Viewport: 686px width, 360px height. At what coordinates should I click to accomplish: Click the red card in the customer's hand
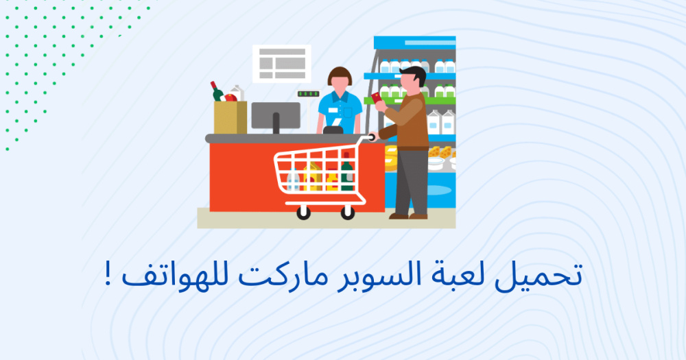click(x=376, y=97)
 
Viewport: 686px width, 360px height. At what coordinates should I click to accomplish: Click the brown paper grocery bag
click(x=230, y=118)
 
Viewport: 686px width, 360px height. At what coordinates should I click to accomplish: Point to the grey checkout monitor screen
click(x=276, y=115)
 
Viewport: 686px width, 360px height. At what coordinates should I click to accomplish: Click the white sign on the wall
click(x=282, y=64)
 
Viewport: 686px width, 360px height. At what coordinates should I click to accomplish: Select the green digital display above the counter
click(x=309, y=94)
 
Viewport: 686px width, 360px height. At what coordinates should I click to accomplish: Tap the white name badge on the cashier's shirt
click(x=333, y=110)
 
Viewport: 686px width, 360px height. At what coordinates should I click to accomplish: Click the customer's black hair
click(x=414, y=74)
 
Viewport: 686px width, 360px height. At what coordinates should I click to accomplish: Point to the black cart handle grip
click(x=372, y=137)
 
